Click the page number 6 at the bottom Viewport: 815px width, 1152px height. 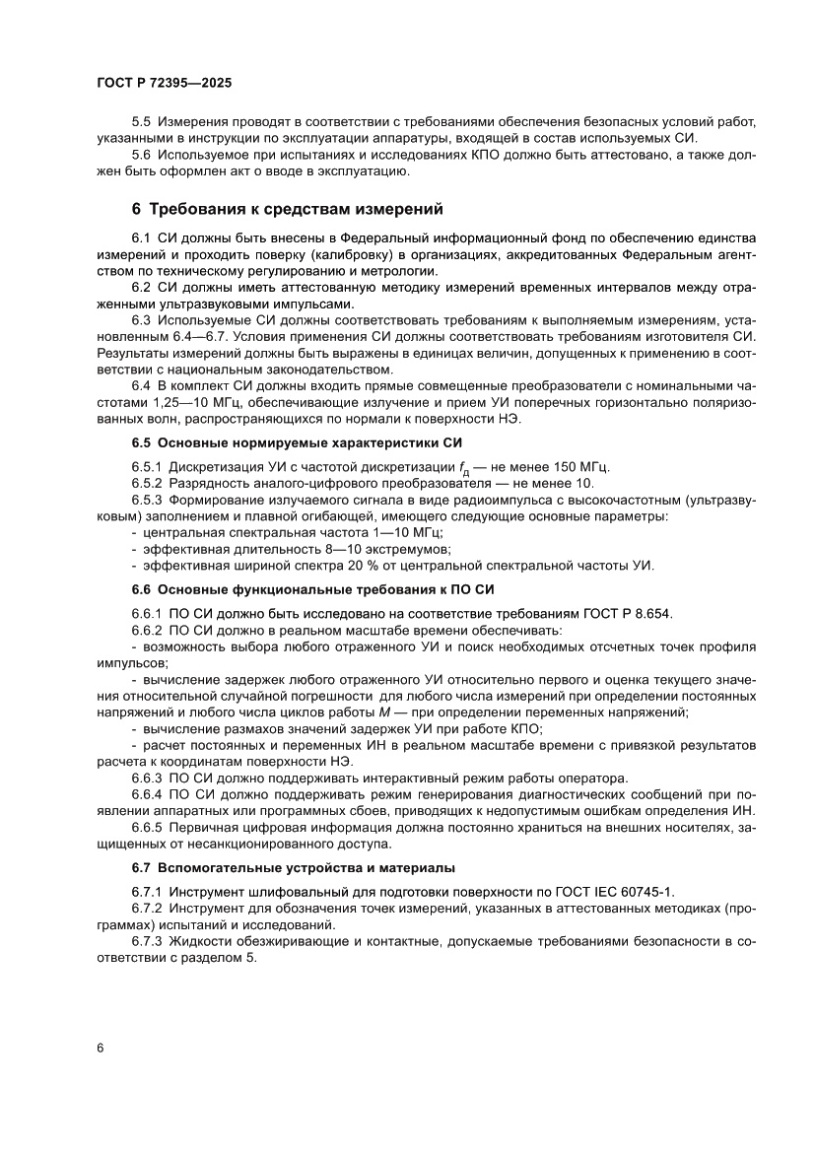pos(101,1048)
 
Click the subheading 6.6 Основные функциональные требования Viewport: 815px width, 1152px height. pos(312,589)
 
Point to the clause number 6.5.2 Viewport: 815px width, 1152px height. pos(148,483)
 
